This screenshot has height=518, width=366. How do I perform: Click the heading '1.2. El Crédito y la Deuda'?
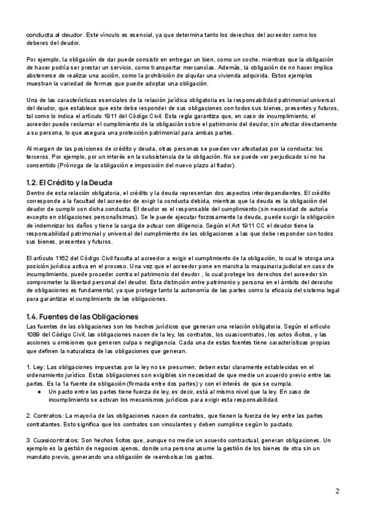[69, 183]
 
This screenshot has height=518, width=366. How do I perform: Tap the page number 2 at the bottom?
[337, 491]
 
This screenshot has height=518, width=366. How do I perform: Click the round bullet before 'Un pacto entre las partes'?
[40, 390]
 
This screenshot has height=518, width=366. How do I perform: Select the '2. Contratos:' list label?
[46, 415]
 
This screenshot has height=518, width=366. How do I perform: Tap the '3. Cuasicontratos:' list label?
[53, 440]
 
